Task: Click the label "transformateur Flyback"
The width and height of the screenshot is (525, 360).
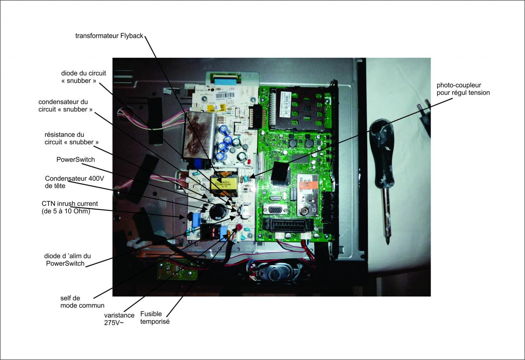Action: point(109,36)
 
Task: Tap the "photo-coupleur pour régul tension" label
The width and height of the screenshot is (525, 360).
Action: point(463,89)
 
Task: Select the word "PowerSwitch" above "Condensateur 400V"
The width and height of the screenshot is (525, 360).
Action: point(75,159)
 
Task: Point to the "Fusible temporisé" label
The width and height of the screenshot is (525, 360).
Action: point(155,318)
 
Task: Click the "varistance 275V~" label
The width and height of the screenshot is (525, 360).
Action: point(119,319)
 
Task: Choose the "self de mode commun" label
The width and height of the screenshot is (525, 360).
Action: point(82,302)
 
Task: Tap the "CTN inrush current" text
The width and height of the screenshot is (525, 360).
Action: point(69,203)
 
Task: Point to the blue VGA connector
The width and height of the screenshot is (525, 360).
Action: point(275,209)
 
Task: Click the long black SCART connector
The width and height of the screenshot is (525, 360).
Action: point(288,225)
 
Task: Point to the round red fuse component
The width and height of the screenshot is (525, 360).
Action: point(238,228)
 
